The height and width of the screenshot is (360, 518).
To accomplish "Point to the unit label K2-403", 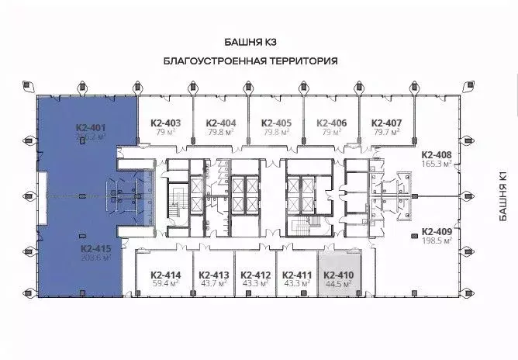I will (164, 123).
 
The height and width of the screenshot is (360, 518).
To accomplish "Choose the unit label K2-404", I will (221, 123).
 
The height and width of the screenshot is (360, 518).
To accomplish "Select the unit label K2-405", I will (276, 123).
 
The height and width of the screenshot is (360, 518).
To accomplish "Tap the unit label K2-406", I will (331, 123).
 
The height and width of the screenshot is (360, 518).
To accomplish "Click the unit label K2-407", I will (386, 123).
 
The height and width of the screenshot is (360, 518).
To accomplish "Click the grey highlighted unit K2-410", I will (338, 277).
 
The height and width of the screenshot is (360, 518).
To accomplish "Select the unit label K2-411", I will (297, 275).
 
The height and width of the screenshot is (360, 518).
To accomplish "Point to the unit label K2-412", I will (255, 275).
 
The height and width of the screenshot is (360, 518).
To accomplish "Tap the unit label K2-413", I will (213, 275).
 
